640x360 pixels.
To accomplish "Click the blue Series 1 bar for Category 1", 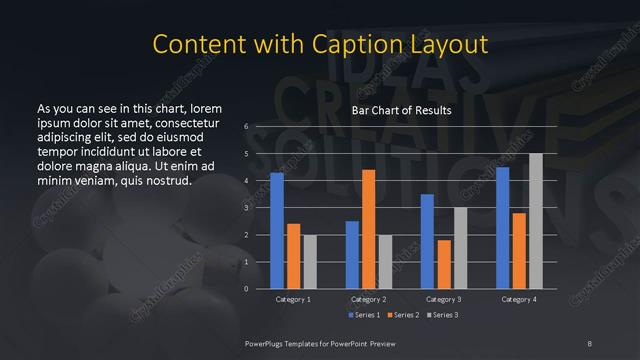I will (x=277, y=231).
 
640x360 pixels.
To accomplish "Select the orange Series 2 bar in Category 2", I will (x=368, y=229).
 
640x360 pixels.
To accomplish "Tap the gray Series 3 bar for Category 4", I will (x=535, y=221).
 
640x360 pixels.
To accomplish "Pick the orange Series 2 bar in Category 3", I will (x=443, y=264).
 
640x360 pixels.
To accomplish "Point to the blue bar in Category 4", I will (x=503, y=228).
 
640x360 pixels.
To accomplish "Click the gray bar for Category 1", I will (x=309, y=262).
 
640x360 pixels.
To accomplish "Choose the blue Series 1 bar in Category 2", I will (x=352, y=255).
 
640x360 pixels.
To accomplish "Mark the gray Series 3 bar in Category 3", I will (x=460, y=248).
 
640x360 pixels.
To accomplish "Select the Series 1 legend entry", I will (x=364, y=316).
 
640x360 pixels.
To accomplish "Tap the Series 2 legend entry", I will (x=404, y=316).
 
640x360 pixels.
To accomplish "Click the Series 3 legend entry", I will (x=444, y=316).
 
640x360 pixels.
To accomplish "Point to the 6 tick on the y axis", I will (x=246, y=127).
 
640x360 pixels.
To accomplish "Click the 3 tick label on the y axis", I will (x=246, y=208).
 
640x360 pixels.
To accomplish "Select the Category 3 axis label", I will (x=444, y=299).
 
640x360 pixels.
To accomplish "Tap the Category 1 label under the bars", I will (x=293, y=299).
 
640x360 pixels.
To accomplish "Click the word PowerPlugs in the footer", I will (x=269, y=343).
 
